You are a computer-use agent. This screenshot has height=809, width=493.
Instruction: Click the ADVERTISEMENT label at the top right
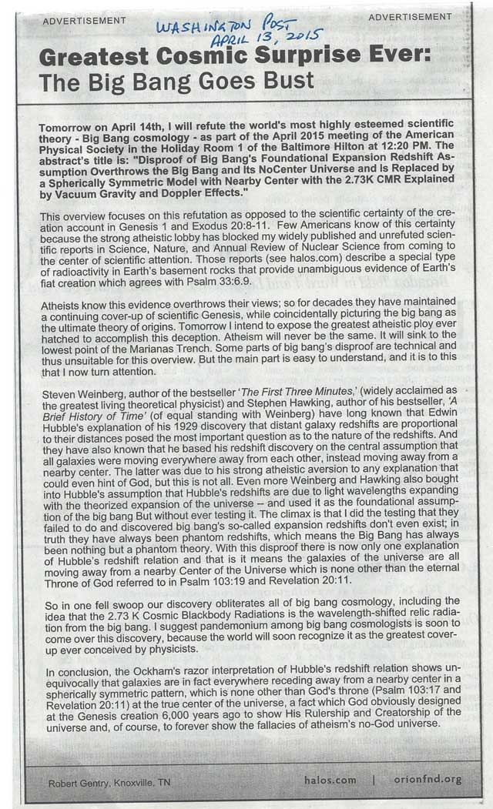[409, 17]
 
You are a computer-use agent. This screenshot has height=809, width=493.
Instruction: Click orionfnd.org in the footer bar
[427, 779]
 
